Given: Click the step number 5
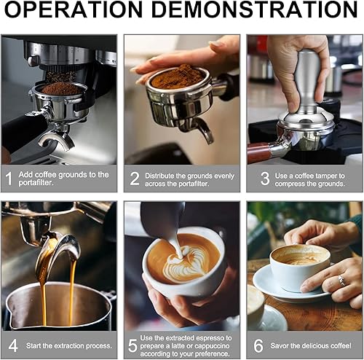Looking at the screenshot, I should [134, 345].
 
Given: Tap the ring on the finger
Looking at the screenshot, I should [341, 281].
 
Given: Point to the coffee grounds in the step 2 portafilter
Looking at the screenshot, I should [178, 77].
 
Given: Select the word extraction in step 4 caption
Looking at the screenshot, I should [65, 345].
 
